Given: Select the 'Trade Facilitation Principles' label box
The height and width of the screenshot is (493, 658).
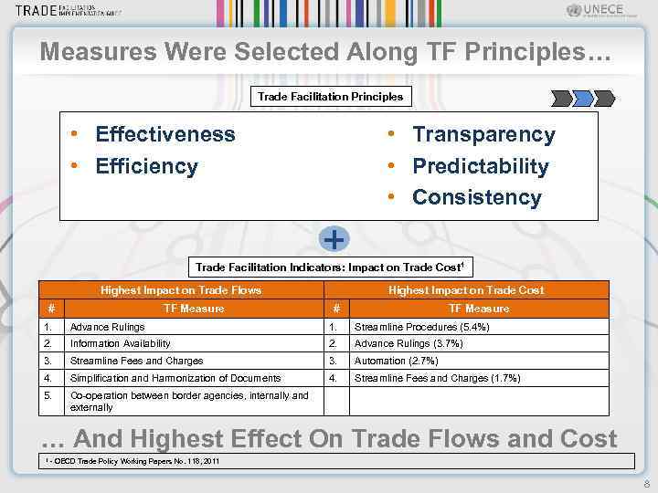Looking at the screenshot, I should [330, 96].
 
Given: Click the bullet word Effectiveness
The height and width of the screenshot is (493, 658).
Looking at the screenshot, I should [164, 135].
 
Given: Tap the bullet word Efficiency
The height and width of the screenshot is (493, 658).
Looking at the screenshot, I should [146, 166].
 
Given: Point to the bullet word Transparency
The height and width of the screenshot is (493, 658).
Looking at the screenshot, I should [483, 135].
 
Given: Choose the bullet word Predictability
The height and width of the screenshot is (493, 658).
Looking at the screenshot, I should [480, 166].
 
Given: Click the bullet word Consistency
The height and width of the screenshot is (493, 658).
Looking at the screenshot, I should [476, 197].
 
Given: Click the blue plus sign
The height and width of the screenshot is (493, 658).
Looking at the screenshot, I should [335, 239].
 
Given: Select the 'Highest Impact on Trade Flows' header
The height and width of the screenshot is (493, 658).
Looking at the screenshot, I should [181, 290].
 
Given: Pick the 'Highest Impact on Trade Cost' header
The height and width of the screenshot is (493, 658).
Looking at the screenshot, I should [466, 290].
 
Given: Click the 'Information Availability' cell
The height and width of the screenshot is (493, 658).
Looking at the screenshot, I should [121, 343].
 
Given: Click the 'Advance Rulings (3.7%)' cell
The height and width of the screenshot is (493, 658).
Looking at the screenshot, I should [409, 343].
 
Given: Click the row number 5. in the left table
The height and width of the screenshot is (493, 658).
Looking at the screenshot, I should [48, 395].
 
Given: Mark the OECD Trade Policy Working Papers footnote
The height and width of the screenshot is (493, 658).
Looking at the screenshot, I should [133, 461].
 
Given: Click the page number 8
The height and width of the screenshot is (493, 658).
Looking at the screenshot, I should [646, 485].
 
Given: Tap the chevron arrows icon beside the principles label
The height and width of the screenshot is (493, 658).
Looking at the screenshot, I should [581, 98].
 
